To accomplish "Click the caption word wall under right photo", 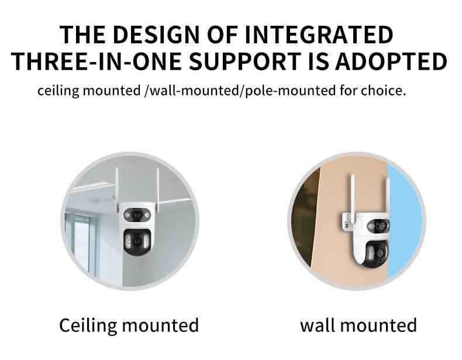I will click(318, 325).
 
